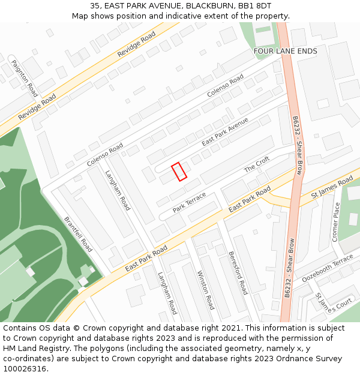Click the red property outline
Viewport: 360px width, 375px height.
coord(179,172)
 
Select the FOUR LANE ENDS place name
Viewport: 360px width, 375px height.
coord(286,52)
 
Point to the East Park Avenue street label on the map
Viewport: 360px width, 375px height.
coord(225,131)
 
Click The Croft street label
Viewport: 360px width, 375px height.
coord(257,164)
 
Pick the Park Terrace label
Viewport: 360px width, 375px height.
coord(190,202)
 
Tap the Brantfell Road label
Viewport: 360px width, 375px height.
coord(78,234)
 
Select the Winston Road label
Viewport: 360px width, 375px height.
coord(206,290)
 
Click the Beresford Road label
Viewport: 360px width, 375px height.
coord(238,273)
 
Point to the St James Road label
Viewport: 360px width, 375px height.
coord(332,190)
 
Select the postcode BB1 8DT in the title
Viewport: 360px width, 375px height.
coord(255,5)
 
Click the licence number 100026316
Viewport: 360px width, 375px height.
coord(25,369)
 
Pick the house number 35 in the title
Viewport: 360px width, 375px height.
coord(95,5)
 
